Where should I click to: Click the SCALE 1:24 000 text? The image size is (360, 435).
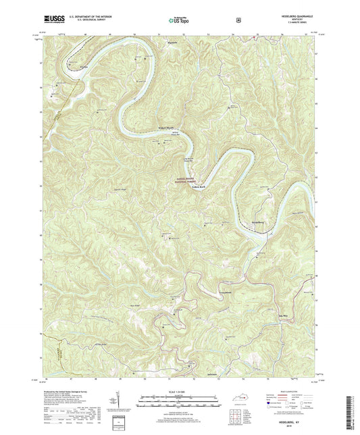tap(180, 392)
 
